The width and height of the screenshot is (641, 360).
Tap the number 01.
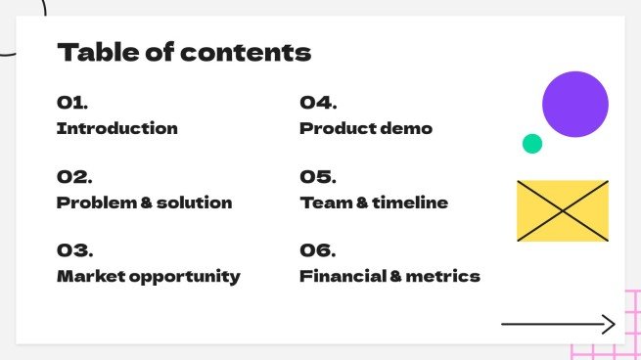(73, 103)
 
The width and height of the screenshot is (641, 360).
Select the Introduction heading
(117, 128)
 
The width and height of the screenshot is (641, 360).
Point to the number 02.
(74, 177)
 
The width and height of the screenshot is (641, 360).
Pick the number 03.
(74, 250)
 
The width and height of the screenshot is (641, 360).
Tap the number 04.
(318, 103)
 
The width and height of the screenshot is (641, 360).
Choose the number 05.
(318, 177)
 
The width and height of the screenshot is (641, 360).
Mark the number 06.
(318, 250)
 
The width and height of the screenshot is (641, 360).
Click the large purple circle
(575, 104)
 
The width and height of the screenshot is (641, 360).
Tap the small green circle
(531, 144)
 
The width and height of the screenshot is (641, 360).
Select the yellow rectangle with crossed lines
(563, 210)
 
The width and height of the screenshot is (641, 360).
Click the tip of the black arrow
(614, 324)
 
